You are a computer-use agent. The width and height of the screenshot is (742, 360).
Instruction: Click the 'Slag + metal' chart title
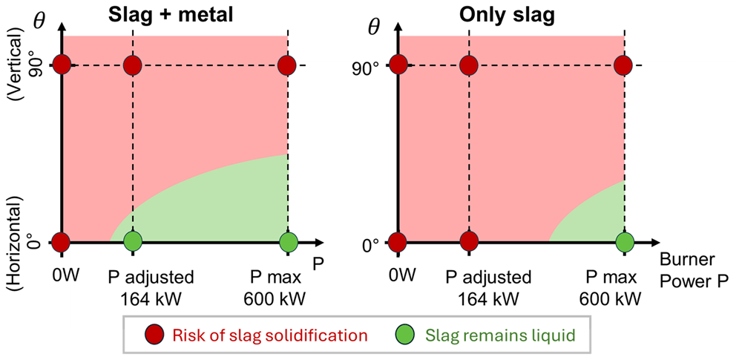(171, 15)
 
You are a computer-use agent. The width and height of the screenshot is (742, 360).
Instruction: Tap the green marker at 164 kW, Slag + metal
(133, 242)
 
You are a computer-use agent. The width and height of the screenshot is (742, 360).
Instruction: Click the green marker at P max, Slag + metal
(288, 242)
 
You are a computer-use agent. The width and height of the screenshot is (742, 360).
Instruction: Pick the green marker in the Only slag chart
(625, 242)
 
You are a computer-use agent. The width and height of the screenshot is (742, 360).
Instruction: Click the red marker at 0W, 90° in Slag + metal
(62, 65)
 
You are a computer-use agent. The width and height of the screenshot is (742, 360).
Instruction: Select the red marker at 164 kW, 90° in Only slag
(468, 65)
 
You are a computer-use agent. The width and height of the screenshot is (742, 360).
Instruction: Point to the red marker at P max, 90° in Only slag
(624, 65)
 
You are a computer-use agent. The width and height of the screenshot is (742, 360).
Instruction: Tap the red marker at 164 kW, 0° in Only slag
(468, 242)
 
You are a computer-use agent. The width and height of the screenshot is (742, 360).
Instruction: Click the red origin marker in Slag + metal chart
(61, 242)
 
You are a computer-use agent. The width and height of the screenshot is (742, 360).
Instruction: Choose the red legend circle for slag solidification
(154, 335)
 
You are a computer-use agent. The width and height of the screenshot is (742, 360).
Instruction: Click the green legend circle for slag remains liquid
(406, 335)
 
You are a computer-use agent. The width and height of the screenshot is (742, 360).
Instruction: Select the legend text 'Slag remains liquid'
(499, 336)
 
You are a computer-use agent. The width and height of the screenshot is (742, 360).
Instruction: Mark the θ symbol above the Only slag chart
(375, 28)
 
